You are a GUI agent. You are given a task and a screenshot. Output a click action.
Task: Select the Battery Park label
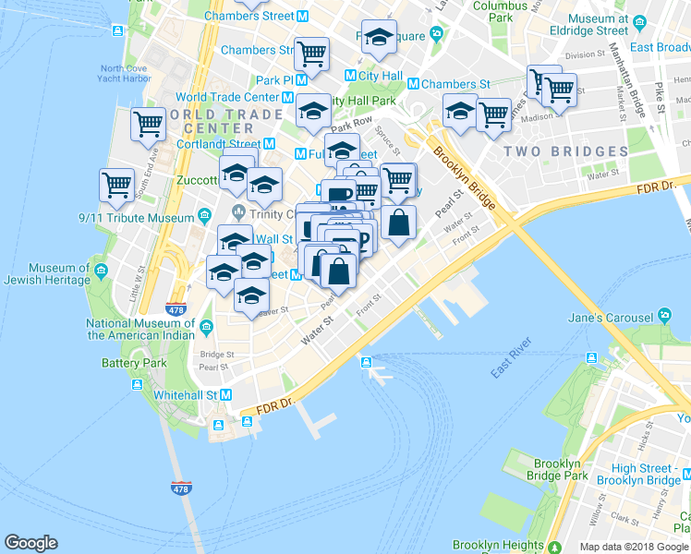(x=134, y=363)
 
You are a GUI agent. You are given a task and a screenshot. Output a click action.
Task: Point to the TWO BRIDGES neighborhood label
(x=566, y=151)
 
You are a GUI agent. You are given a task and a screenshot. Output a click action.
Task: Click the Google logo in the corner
(x=30, y=543)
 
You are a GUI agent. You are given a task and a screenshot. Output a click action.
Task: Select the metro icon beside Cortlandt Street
(x=269, y=143)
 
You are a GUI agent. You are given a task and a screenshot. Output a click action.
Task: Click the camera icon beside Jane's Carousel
(x=664, y=316)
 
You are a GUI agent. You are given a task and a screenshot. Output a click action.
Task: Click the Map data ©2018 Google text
(x=633, y=547)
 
